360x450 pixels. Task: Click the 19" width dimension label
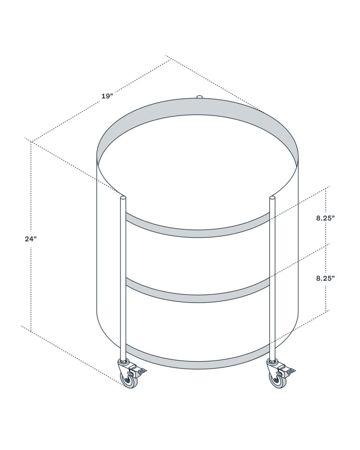click(107, 96)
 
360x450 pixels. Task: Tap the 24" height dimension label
click(31, 239)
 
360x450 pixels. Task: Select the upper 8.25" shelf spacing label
click(325, 218)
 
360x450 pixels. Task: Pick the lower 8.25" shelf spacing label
click(325, 278)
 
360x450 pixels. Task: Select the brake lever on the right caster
click(290, 369)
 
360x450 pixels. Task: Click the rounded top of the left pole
click(123, 198)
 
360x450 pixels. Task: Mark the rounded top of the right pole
click(272, 198)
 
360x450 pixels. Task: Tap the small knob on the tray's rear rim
click(199, 96)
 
